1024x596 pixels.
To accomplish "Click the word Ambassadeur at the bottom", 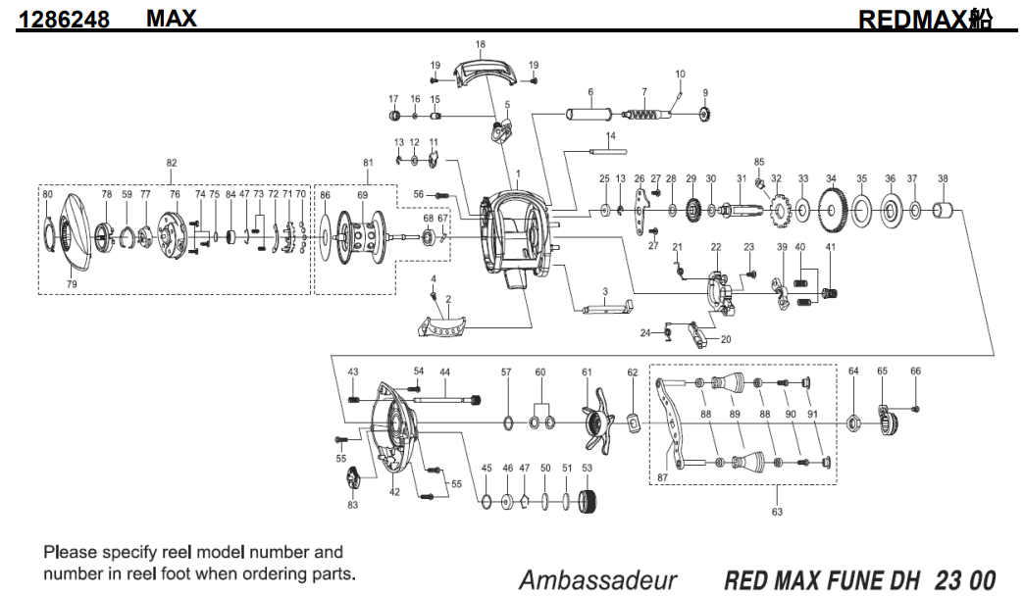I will (597, 579).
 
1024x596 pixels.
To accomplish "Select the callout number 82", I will (172, 163).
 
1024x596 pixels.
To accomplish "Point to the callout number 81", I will (368, 163).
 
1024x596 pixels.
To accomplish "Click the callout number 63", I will (778, 511).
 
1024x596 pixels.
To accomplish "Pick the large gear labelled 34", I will (832, 208).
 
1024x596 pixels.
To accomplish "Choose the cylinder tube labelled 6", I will (591, 114).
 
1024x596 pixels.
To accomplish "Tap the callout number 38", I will (943, 178).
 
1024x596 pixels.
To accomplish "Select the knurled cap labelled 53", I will (589, 503).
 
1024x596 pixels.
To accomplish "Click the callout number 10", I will (680, 74).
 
